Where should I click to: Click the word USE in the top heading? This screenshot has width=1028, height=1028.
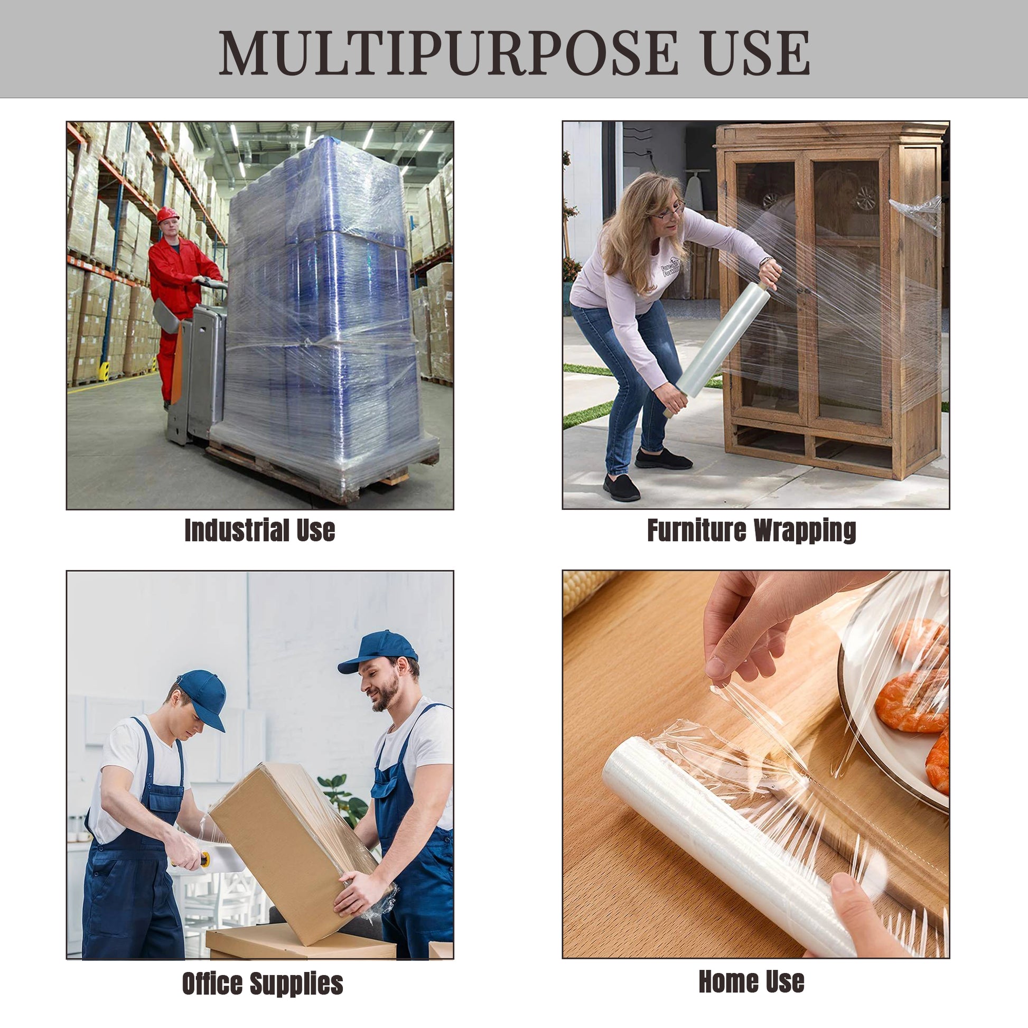tap(756, 53)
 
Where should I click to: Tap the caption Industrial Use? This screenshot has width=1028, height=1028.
tap(260, 530)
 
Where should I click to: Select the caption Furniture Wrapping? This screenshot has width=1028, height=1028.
tap(751, 530)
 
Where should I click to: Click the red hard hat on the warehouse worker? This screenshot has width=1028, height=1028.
tap(167, 214)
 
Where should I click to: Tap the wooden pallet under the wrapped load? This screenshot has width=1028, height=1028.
tap(298, 473)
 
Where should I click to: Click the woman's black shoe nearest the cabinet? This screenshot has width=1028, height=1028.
tap(663, 459)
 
